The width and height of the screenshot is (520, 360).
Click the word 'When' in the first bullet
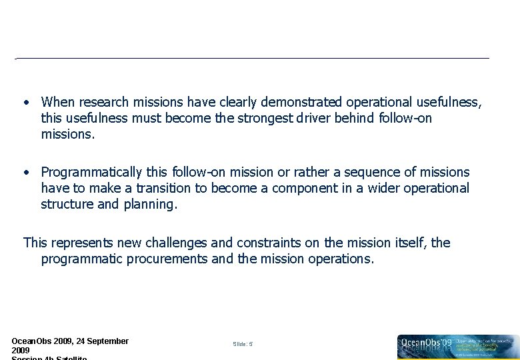tap(58, 102)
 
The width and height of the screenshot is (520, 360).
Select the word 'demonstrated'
tap(301, 102)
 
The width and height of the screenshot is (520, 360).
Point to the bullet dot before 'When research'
tap(25, 103)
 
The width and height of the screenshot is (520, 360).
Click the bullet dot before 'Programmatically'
tap(25, 173)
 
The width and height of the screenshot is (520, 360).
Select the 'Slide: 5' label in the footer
tap(243, 344)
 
